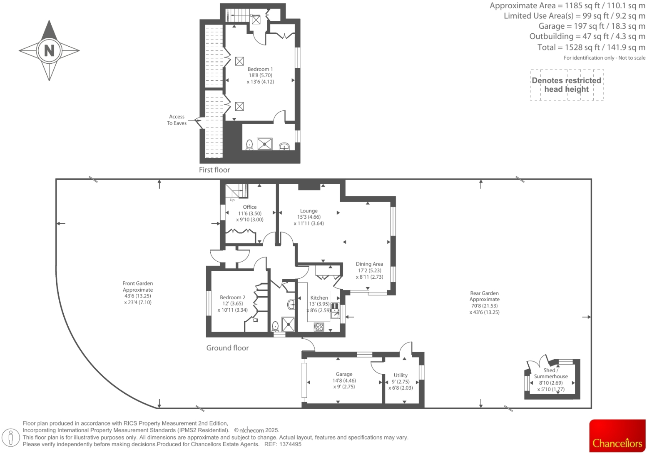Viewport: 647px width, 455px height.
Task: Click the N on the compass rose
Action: pyautogui.click(x=49, y=50)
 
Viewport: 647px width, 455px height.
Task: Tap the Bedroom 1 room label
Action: pyautogui.click(x=260, y=70)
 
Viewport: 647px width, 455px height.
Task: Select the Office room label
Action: pyautogui.click(x=249, y=207)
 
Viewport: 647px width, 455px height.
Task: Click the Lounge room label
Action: pyautogui.click(x=309, y=211)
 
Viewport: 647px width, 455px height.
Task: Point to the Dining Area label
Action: pyautogui.click(x=369, y=264)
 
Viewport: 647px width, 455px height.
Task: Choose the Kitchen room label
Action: pyautogui.click(x=319, y=298)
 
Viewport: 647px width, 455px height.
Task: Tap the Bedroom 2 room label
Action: pyautogui.click(x=232, y=297)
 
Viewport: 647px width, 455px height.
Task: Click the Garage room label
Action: pyautogui.click(x=344, y=375)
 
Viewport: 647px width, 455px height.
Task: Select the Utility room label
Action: pyautogui.click(x=401, y=375)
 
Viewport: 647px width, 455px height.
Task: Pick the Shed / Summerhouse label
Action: pyautogui.click(x=550, y=373)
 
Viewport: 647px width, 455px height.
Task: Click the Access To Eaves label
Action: pyautogui.click(x=177, y=120)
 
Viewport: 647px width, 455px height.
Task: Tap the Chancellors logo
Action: pyautogui.click(x=617, y=436)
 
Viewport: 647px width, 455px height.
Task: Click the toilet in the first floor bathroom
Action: pyautogui.click(x=249, y=145)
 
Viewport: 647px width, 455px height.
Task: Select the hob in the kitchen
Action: pyautogui.click(x=319, y=327)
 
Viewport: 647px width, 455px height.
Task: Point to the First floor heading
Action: pyautogui.click(x=214, y=170)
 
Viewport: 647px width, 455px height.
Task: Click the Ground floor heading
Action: pyautogui.click(x=227, y=348)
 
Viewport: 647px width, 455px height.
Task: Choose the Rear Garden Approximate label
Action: pyautogui.click(x=484, y=296)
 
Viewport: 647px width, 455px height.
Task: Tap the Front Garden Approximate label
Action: pyautogui.click(x=137, y=287)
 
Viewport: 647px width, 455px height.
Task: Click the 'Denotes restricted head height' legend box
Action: pyautogui.click(x=566, y=85)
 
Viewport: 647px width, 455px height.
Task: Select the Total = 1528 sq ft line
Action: pyautogui.click(x=591, y=47)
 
